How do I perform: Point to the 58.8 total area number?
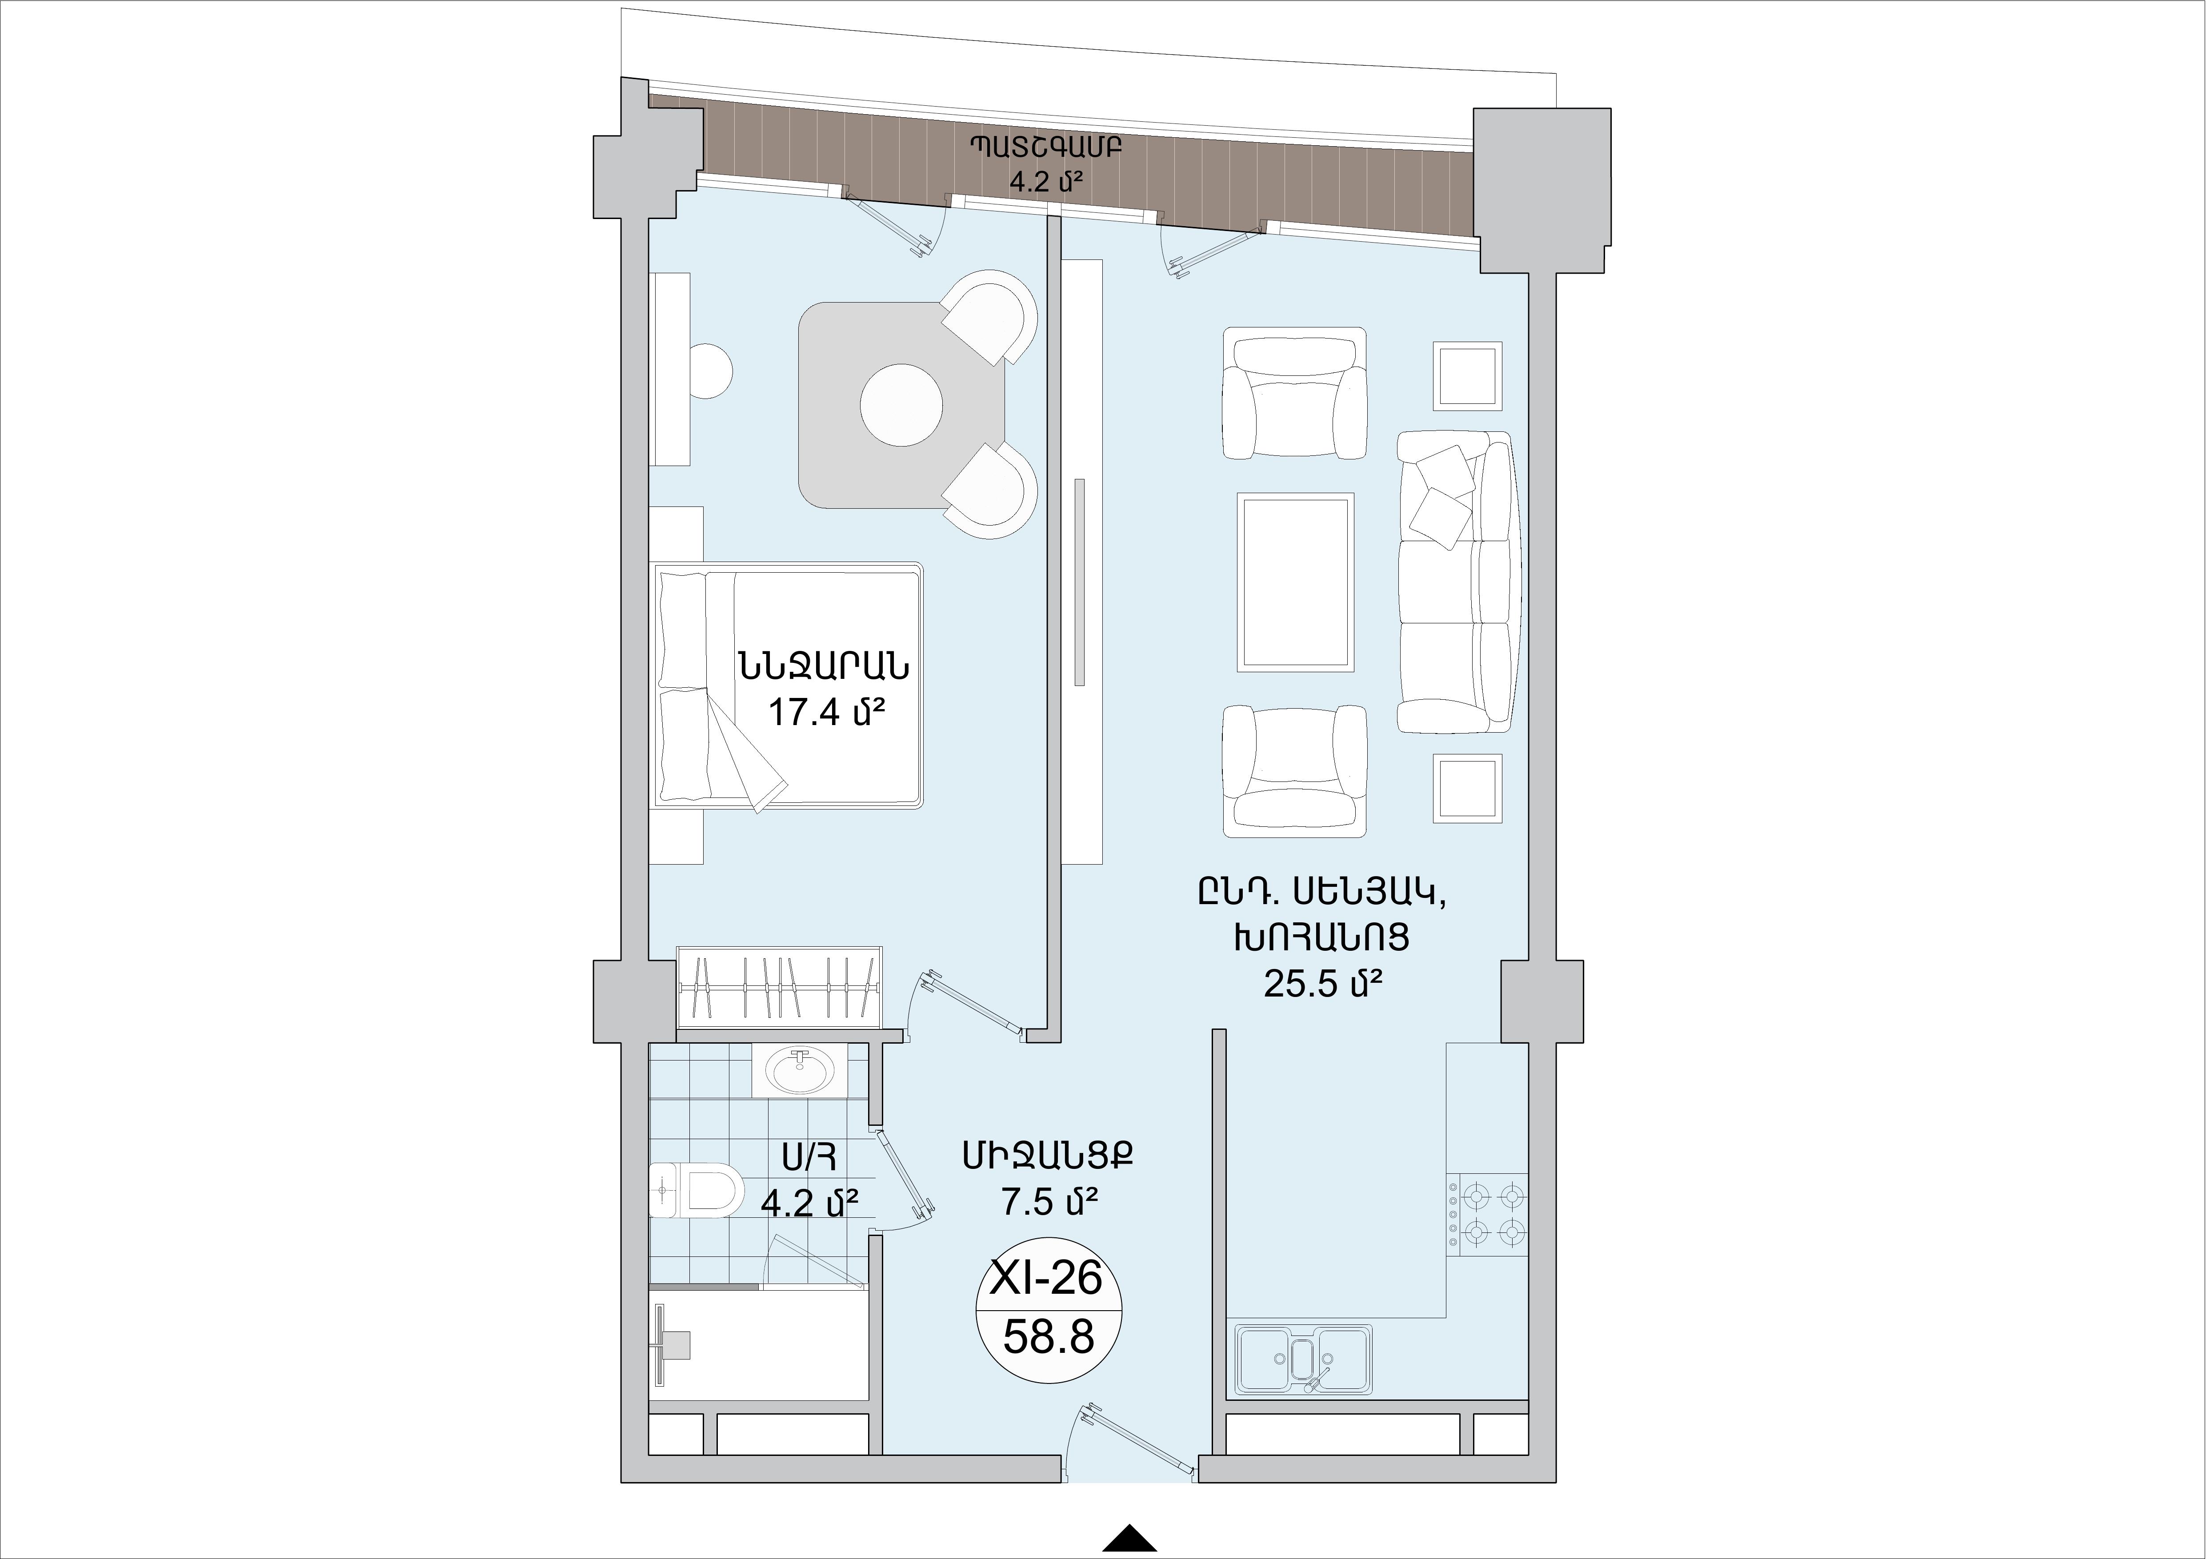[x=1048, y=1336]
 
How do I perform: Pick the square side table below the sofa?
[x=1468, y=788]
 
